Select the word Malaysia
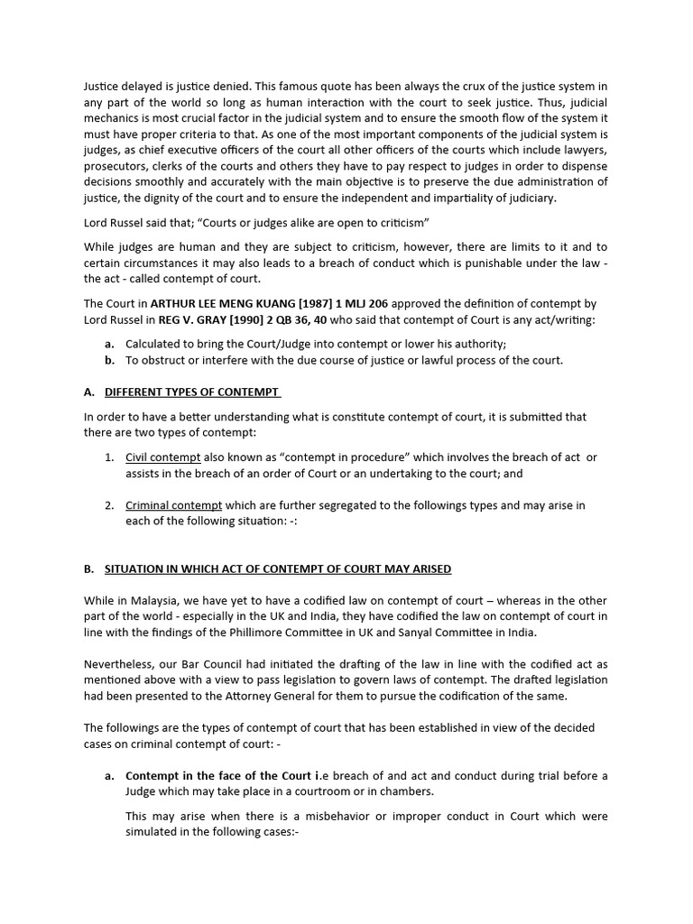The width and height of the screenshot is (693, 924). tap(162, 600)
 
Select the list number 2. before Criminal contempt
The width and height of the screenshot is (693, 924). tap(108, 505)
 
